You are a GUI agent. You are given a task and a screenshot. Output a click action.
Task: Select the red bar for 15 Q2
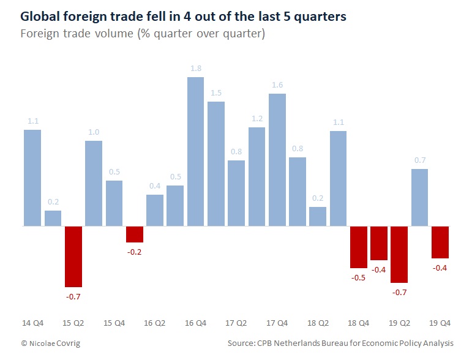point(73,257)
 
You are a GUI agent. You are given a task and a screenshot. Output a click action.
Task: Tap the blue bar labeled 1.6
point(277,160)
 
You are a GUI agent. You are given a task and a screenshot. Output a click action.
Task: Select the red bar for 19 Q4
point(440,242)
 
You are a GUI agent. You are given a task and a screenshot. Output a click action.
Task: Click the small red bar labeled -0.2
point(135,234)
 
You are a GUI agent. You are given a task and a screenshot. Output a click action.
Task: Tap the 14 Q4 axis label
point(32,322)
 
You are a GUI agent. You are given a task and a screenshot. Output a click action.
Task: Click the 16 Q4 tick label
point(195,322)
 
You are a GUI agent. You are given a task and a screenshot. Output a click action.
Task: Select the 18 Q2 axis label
point(318,322)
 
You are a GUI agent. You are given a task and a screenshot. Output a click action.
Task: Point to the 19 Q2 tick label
point(399,322)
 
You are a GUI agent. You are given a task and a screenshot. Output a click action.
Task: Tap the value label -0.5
point(359,277)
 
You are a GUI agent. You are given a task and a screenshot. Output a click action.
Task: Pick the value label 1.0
point(94,132)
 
